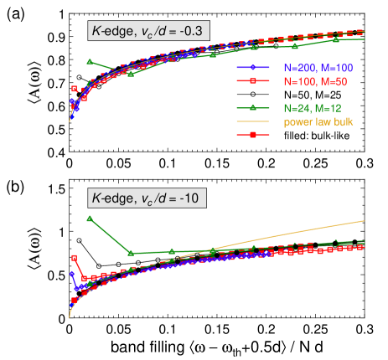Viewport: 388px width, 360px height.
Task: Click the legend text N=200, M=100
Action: tap(312, 68)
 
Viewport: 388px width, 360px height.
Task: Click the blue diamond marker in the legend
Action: tap(252, 68)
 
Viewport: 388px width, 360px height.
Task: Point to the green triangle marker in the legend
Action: tap(252, 107)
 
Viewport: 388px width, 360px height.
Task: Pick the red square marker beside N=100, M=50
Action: tap(252, 80)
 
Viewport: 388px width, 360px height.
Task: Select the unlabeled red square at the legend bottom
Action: tap(252, 135)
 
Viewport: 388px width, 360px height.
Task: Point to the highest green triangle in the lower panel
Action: tap(90, 219)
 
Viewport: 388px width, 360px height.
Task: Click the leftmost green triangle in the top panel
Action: tap(90, 62)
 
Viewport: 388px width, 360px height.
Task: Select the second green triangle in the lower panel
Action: tap(131, 252)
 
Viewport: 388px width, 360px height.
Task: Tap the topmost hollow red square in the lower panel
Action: tap(75, 258)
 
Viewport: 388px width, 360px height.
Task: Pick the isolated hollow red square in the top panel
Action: tap(75, 89)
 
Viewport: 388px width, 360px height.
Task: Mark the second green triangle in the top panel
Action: tap(131, 75)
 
